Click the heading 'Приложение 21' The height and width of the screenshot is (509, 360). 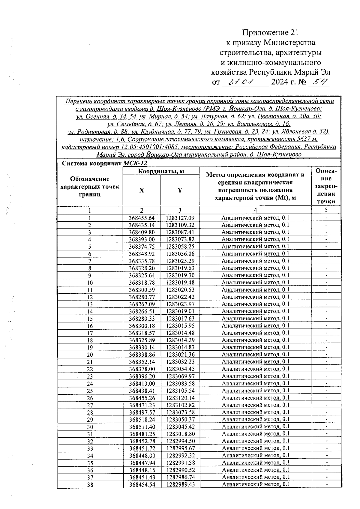[271, 32]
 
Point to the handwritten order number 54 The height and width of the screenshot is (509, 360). [319, 82]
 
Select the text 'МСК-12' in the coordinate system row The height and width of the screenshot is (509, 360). [135, 163]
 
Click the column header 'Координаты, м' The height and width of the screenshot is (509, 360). [161, 171]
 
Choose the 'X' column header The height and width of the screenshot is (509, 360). [142, 190]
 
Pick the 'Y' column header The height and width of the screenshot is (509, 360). [180, 190]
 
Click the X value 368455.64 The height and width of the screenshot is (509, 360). [142, 218]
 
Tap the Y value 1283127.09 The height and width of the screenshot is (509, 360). [180, 218]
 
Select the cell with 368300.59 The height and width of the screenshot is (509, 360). [142, 290]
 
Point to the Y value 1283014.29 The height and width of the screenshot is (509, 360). [180, 340]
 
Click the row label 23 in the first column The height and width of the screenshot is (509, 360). [90, 376]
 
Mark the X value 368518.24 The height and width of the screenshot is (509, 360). [142, 420]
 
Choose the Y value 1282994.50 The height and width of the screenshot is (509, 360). [180, 441]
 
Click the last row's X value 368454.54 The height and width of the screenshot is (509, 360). [142, 484]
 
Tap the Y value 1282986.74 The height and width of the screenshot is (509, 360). [180, 477]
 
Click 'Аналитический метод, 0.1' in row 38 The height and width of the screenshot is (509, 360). [256, 484]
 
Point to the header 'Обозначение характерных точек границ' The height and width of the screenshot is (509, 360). [90, 187]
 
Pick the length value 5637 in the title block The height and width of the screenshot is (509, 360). [301, 139]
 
